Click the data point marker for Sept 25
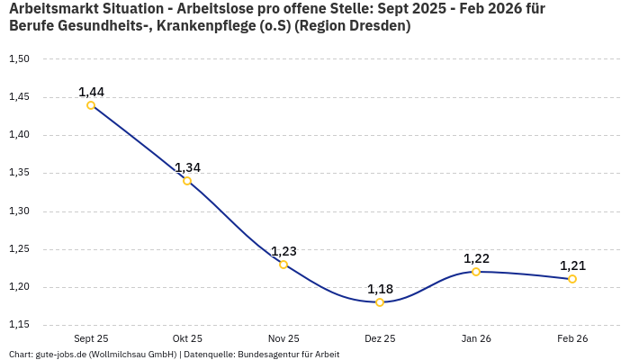click(91, 105)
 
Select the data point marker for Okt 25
click(187, 181)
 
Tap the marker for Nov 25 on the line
click(283, 265)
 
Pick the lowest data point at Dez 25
click(380, 302)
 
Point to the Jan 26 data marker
click(476, 272)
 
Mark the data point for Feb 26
click(572, 279)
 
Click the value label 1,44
click(91, 92)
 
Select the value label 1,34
click(187, 167)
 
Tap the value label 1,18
click(380, 289)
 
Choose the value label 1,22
click(476, 258)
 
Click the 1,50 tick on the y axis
click(19, 59)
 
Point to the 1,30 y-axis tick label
click(19, 211)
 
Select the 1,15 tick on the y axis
click(19, 325)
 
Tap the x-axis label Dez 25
click(380, 338)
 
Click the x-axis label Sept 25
click(91, 338)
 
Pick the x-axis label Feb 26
click(572, 338)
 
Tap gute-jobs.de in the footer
click(61, 355)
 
